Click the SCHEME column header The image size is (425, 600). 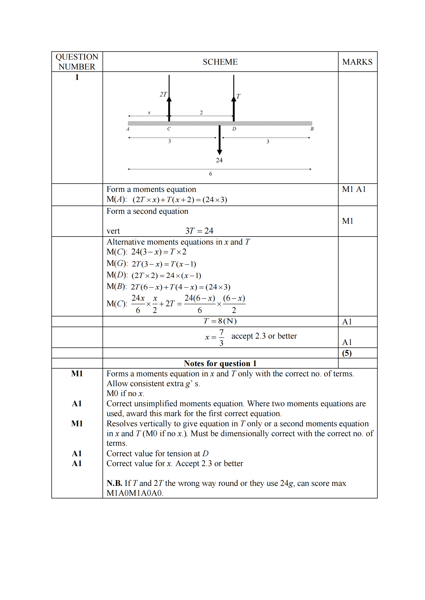pos(220,62)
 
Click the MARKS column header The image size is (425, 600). pos(357,62)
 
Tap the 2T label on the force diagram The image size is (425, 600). pos(163,94)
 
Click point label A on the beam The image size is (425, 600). pos(128,129)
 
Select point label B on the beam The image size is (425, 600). pos(312,129)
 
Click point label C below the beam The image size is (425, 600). pos(169,129)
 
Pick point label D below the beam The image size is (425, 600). pos(234,129)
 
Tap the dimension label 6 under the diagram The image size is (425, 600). pos(210,174)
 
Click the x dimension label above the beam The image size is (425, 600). pos(149,113)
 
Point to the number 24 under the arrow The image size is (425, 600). pos(219,160)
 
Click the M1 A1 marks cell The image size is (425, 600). pos(354,189)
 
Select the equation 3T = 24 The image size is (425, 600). pos(199,231)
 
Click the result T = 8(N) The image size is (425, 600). pos(220,321)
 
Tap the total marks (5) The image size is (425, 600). pos(347,353)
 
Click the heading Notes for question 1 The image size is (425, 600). pos(220,363)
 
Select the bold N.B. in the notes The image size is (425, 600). pos(114,483)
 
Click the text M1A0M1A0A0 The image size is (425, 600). pos(135,493)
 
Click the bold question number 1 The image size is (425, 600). pos(77,77)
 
